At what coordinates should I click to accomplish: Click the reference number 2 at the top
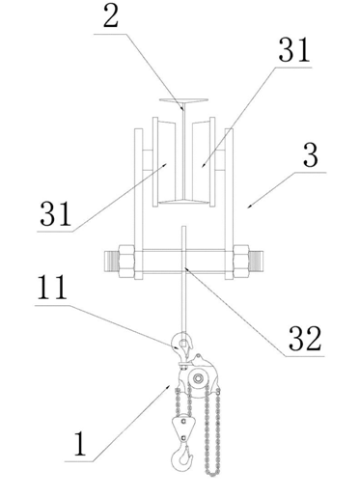[x=111, y=15]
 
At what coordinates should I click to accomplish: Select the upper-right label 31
[x=294, y=49]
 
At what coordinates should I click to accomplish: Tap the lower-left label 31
[x=55, y=213]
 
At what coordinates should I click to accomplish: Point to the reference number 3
[x=311, y=155]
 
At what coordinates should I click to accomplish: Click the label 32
[x=305, y=338]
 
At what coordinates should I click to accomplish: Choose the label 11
[x=52, y=288]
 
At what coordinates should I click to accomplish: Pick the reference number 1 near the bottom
[x=80, y=444]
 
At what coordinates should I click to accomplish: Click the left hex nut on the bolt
[x=126, y=262]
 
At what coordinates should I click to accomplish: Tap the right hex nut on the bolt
[x=241, y=262]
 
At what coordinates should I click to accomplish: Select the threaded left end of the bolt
[x=112, y=262]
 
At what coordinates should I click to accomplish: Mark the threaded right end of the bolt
[x=256, y=262]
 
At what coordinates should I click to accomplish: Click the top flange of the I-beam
[x=183, y=101]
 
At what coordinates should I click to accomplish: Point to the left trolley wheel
[x=164, y=162]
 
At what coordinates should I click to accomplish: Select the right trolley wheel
[x=204, y=162]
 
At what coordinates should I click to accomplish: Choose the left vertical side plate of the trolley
[x=139, y=204]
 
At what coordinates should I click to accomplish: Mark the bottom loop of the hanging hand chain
[x=212, y=473]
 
